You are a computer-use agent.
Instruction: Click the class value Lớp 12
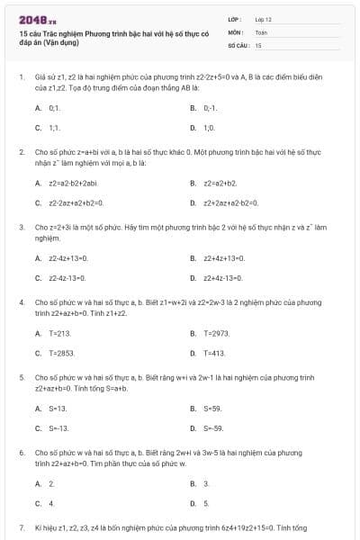[x=264, y=18]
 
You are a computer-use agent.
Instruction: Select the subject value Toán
[x=261, y=31]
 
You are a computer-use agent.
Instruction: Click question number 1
[x=21, y=78]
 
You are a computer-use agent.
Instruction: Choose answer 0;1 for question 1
[x=54, y=108]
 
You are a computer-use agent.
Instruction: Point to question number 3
[x=21, y=228]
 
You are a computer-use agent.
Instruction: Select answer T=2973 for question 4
[x=218, y=333]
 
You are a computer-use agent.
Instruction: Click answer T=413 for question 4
[x=215, y=354]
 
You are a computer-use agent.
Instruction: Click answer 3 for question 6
[x=206, y=483]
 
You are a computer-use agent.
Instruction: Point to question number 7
[x=21, y=526]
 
